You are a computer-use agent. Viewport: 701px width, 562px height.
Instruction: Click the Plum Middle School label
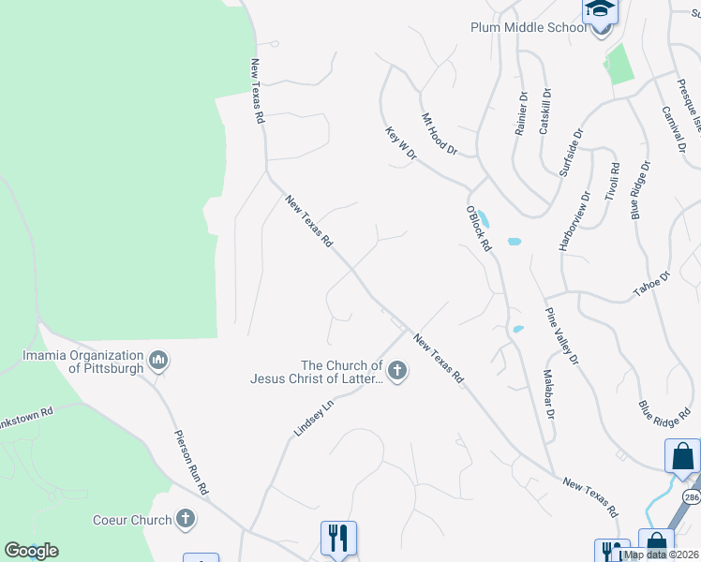coord(527,27)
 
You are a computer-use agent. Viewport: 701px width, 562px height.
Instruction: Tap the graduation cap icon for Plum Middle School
coord(600,12)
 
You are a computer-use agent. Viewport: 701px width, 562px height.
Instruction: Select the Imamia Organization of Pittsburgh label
coord(84,362)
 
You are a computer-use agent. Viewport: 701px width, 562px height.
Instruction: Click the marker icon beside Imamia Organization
coord(157,359)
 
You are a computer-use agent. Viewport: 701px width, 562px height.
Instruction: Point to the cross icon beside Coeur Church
coord(186,518)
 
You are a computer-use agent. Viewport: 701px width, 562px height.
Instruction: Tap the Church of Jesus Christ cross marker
coord(397,372)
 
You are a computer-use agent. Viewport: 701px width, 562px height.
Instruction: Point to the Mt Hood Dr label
coord(439,134)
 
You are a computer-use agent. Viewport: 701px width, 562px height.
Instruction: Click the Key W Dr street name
coord(400,144)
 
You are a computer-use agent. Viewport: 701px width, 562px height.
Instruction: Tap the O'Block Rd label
coord(479,229)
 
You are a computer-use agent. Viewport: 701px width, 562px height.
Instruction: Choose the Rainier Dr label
coord(521,113)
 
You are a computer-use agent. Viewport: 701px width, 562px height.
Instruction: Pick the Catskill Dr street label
coord(545,112)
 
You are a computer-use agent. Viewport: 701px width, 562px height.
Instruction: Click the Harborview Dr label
coord(574,222)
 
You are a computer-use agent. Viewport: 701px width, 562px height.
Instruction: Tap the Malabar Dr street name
coord(547,393)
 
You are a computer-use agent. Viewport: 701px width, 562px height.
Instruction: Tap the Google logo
coord(31,551)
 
